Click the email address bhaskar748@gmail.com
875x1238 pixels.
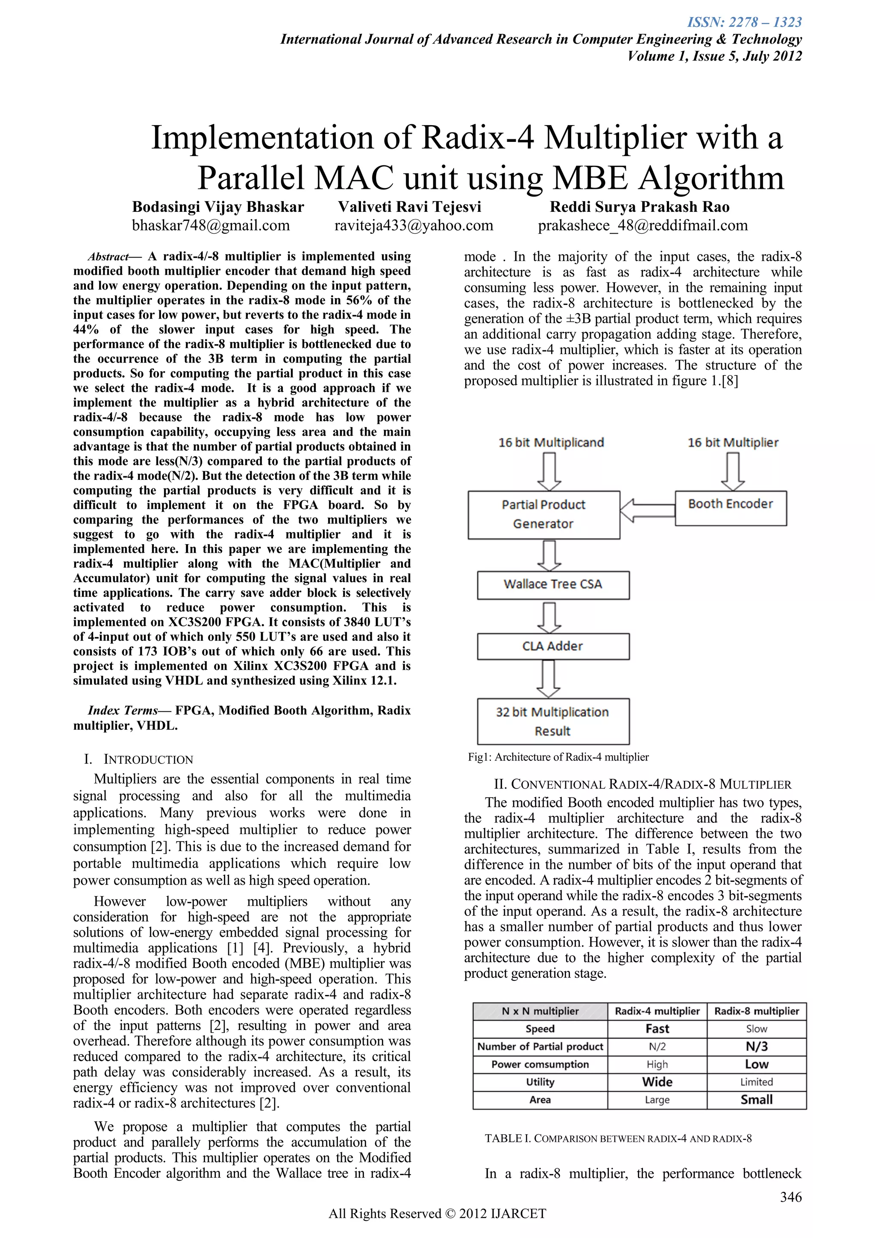[x=211, y=226]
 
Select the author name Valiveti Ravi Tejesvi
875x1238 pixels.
[x=409, y=207]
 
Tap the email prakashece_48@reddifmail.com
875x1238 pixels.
[x=643, y=226]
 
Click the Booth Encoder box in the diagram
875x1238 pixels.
[x=730, y=508]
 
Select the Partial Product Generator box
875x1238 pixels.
[x=543, y=514]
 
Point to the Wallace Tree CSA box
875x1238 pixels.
[x=552, y=584]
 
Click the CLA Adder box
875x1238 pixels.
[x=552, y=646]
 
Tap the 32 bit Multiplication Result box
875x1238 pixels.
[x=552, y=722]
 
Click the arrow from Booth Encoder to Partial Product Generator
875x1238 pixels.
[x=647, y=510]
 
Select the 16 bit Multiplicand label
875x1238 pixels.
[x=551, y=443]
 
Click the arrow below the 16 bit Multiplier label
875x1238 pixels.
[x=733, y=471]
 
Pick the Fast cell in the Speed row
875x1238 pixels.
[x=657, y=1029]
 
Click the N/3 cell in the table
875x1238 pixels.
[x=756, y=1047]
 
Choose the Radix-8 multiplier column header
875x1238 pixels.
[x=756, y=1011]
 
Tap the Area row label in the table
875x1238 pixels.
[x=540, y=1100]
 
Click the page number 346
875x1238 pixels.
[x=790, y=1197]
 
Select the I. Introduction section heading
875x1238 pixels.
[x=138, y=760]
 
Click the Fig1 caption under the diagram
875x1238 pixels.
[x=558, y=757]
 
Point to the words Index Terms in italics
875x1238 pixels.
[x=122, y=711]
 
